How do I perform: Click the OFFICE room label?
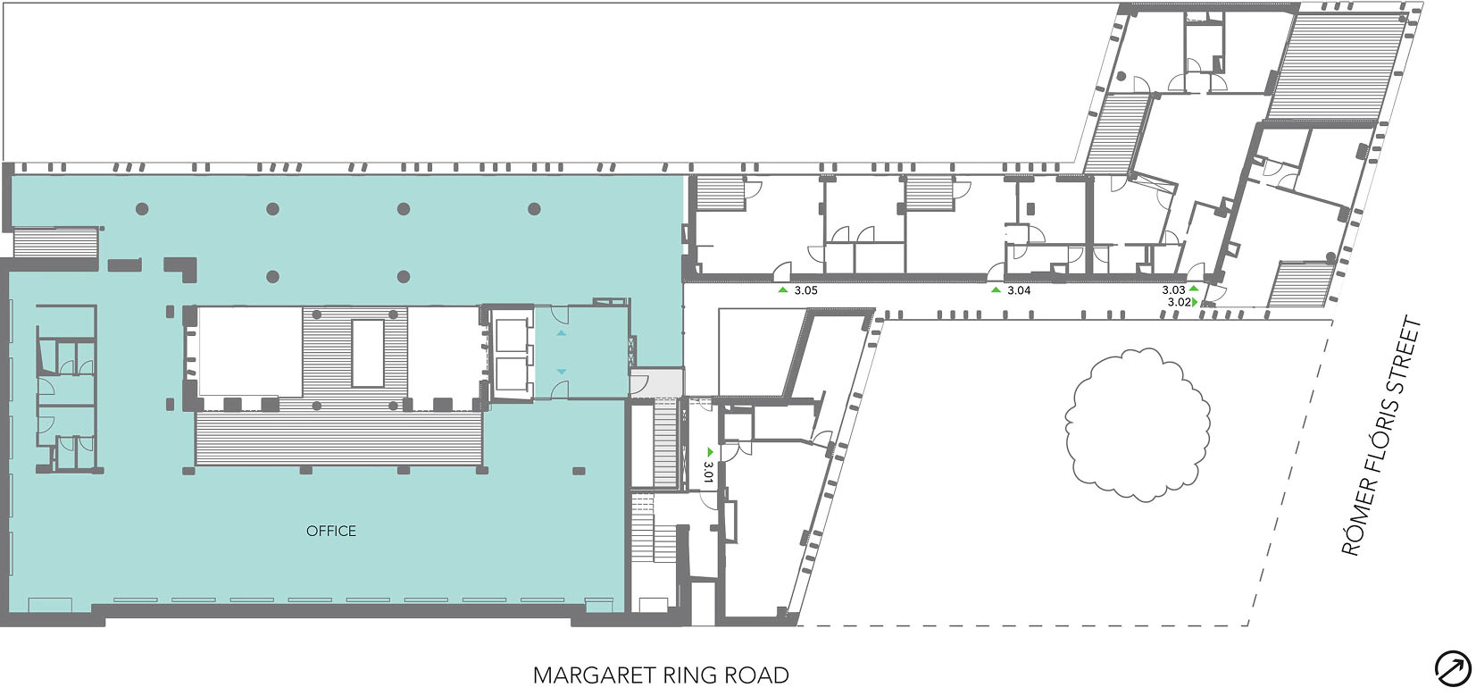[x=330, y=531]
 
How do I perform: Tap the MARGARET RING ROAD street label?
[x=661, y=675]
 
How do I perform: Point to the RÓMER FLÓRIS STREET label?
[x=1381, y=436]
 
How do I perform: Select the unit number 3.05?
[x=805, y=290]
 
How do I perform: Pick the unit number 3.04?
[x=1019, y=290]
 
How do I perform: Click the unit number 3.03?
[x=1173, y=290]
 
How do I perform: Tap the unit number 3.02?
[x=1180, y=303]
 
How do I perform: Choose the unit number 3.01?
[x=709, y=472]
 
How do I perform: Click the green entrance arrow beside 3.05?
[x=783, y=290]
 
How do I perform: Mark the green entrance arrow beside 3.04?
[x=997, y=290]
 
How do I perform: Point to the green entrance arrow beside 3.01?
[x=710, y=452]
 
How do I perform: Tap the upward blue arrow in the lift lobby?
[x=561, y=333]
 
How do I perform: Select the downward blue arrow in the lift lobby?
[x=561, y=373]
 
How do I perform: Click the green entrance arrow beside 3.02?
[x=1196, y=303]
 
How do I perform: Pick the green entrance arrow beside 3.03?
[x=1193, y=289]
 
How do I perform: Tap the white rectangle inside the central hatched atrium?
[x=368, y=353]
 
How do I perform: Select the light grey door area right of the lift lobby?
[x=656, y=383]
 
